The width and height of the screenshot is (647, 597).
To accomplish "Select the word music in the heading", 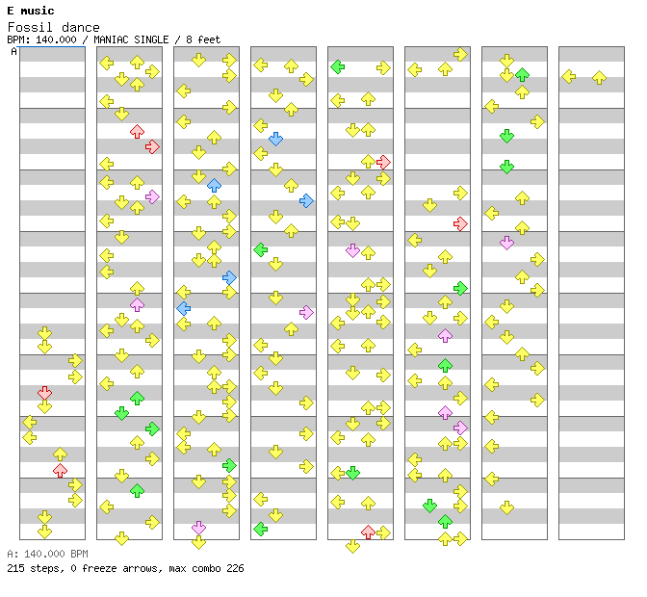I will pos(40,11).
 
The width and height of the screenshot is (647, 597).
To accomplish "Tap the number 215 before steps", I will pos(15,568).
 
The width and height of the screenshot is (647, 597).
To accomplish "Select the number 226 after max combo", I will pos(234,568).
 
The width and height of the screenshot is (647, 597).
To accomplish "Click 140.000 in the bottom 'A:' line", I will pos(41,555).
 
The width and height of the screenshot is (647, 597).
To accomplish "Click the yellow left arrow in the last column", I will pos(568,77).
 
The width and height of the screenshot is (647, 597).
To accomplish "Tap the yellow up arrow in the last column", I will pos(599,77).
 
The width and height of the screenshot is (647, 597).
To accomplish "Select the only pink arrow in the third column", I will pos(198,528).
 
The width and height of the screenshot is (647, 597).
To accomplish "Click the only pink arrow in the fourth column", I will pos(306,312).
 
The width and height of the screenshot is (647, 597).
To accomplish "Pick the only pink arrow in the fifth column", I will pos(352,250).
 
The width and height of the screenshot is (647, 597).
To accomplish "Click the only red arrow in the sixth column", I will pos(460,223).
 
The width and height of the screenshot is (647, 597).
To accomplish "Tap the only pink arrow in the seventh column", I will pos(506,243).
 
